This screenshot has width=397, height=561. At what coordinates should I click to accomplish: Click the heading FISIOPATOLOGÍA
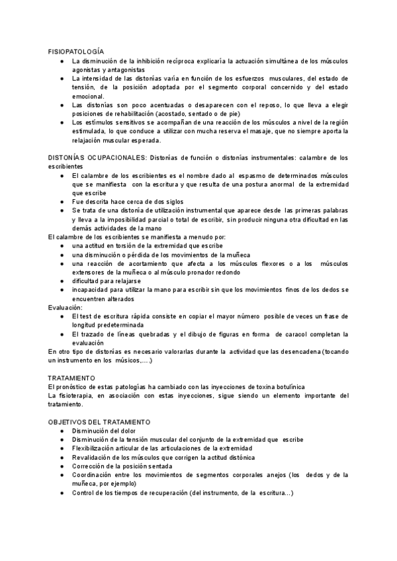[x=76, y=52]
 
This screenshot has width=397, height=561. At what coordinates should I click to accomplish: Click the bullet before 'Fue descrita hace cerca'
[x=62, y=200]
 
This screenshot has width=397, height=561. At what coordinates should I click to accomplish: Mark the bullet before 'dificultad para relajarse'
[x=62, y=280]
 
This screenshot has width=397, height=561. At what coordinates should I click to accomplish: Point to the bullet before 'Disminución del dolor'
[x=62, y=430]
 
